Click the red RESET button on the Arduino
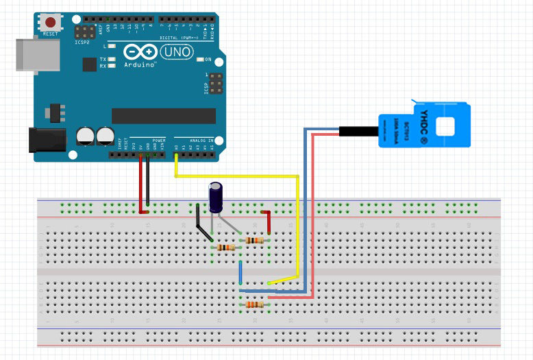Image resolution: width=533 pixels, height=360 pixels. click(x=50, y=21)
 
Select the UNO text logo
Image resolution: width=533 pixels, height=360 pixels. click(x=177, y=51)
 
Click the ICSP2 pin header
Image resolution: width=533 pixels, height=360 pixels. click(x=86, y=32)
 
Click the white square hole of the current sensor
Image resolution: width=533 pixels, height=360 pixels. click(x=446, y=125)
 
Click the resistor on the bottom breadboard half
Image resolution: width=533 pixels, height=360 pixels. click(x=253, y=304)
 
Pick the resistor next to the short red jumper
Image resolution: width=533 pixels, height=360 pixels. click(x=254, y=240)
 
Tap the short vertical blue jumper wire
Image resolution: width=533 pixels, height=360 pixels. click(x=240, y=272)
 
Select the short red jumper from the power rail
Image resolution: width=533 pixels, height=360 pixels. click(x=268, y=220)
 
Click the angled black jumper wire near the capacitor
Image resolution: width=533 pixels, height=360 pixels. click(x=203, y=226)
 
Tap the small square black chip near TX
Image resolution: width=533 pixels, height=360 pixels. click(x=90, y=64)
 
